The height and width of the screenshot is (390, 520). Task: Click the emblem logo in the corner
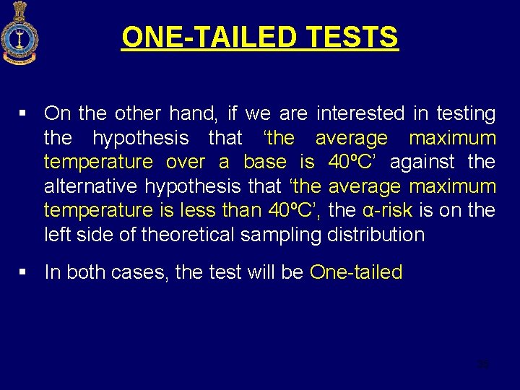pos(18,32)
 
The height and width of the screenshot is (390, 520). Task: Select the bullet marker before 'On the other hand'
pos(24,113)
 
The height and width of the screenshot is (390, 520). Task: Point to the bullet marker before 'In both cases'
pos(24,272)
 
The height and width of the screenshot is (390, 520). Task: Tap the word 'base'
pos(265,162)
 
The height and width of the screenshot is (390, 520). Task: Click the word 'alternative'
pos(91,186)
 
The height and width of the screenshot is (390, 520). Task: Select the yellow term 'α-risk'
pos(386,210)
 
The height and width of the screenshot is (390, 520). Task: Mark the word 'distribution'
pos(376,235)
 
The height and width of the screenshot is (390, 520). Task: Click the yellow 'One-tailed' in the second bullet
pos(356,272)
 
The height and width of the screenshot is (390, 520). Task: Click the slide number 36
pos(483,365)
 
